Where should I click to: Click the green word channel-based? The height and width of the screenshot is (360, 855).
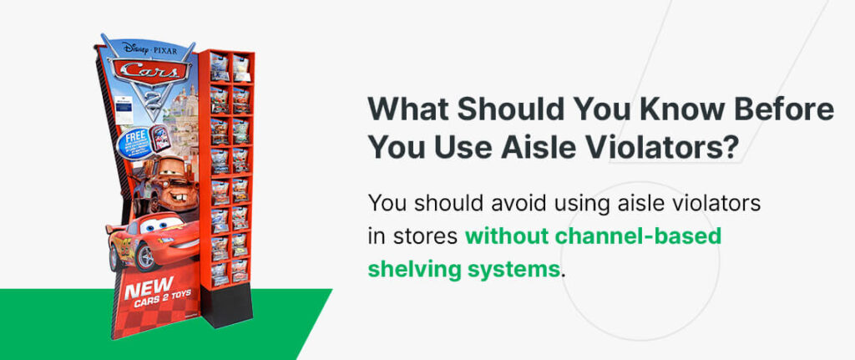click(x=635, y=236)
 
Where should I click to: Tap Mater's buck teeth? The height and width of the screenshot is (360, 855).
click(x=171, y=200)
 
